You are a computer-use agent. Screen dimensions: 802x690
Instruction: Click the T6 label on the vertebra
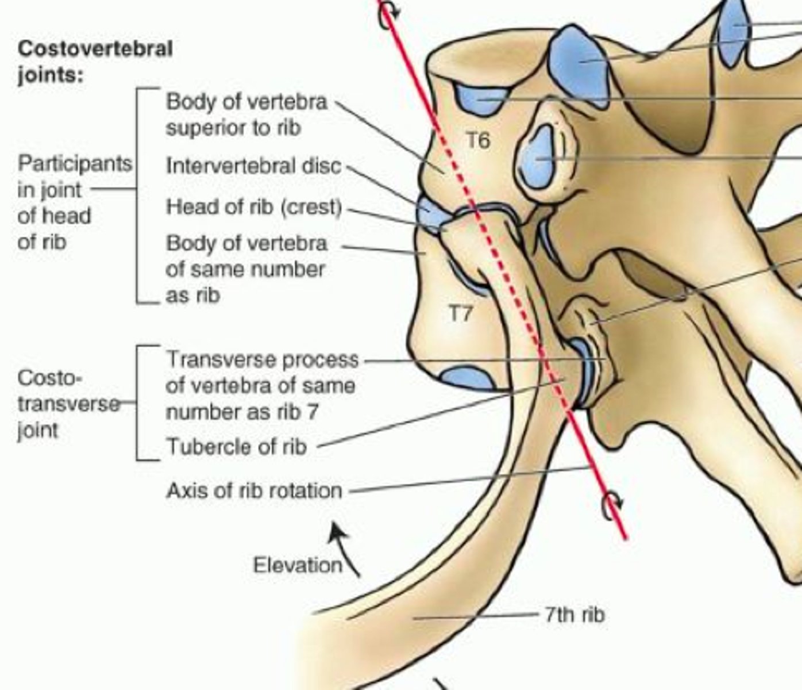478,140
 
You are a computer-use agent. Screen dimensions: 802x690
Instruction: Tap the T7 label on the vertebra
460,313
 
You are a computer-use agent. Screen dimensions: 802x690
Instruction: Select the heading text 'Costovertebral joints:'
95,62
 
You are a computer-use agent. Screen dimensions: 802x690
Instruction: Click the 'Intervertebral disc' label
253,166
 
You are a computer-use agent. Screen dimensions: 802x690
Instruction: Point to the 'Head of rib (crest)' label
254,207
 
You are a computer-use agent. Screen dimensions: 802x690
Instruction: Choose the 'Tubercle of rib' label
236,447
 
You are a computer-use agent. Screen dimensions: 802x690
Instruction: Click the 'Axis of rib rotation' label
254,491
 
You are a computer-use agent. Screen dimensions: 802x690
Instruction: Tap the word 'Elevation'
297,565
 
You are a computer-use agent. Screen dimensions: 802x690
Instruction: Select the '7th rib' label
574,615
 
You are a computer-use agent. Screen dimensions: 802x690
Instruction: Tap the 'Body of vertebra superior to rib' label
246,114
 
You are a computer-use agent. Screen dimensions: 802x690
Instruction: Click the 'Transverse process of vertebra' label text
261,385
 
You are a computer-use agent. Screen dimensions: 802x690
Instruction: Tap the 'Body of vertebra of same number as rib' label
246,269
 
